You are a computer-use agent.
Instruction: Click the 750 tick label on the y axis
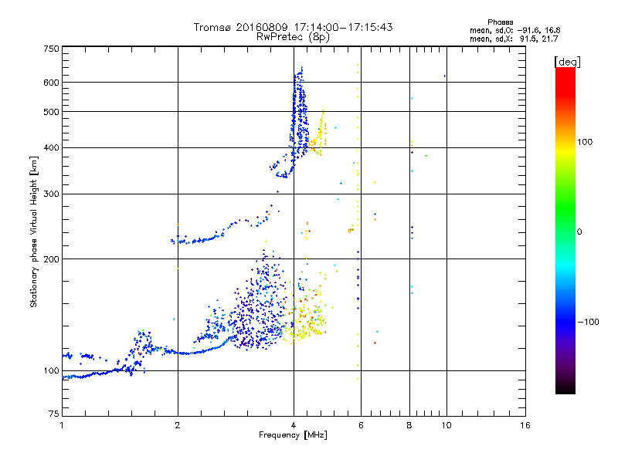coord(51,48)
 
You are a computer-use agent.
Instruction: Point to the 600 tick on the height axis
coord(51,82)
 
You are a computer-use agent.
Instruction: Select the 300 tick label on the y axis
coord(51,193)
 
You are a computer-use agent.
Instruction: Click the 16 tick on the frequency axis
coord(525,425)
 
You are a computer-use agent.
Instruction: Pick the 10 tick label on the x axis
coord(445,425)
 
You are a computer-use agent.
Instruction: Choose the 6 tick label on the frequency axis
coord(361,425)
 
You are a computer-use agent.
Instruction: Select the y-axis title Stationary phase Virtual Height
coord(34,231)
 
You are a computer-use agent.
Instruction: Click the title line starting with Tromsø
coord(294,27)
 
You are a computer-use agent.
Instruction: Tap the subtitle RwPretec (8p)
coord(294,36)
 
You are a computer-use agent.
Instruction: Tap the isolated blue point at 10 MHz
coord(446,76)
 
